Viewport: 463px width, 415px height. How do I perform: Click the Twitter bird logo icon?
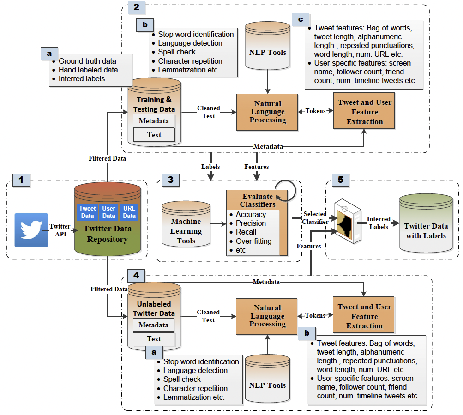(x=31, y=230)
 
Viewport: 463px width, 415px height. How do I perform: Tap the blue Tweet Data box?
(x=87, y=212)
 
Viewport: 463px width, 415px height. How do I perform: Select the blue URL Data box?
(x=129, y=212)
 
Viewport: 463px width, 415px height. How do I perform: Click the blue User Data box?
(x=108, y=212)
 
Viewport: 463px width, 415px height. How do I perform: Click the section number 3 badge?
(x=170, y=180)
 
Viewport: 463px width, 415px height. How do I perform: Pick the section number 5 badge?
(x=340, y=180)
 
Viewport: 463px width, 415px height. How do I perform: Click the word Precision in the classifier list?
(x=251, y=223)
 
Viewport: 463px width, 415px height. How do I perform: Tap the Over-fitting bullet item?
(x=253, y=241)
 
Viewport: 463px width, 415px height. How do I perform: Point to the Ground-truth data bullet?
(x=87, y=61)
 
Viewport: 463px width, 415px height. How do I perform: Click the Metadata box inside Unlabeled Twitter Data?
(x=154, y=325)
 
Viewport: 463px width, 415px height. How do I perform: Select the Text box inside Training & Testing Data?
(x=154, y=135)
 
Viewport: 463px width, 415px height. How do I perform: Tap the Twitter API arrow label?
(x=61, y=230)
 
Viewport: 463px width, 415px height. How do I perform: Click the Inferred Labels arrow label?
(x=379, y=223)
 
